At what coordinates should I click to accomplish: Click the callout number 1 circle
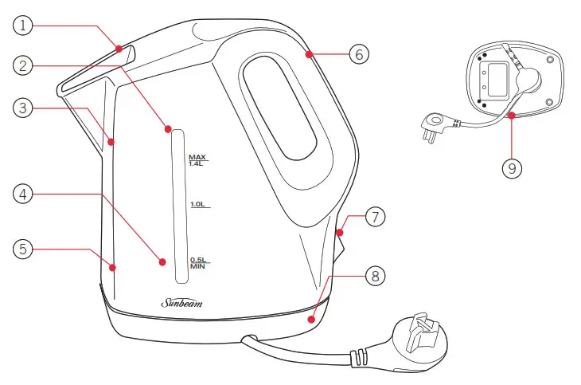[25, 26]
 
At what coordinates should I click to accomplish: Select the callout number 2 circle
[25, 65]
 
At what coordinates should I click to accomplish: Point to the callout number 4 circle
[25, 193]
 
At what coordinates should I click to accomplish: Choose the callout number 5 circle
[25, 249]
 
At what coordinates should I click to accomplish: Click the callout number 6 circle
[359, 54]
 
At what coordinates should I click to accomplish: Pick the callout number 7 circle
[376, 217]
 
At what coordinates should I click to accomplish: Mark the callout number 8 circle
[376, 277]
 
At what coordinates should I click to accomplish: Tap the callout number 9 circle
[513, 168]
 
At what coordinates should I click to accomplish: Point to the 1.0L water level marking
[199, 205]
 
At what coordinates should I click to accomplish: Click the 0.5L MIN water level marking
[198, 262]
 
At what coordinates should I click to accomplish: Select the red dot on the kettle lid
[119, 49]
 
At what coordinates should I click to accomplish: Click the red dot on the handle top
[307, 54]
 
